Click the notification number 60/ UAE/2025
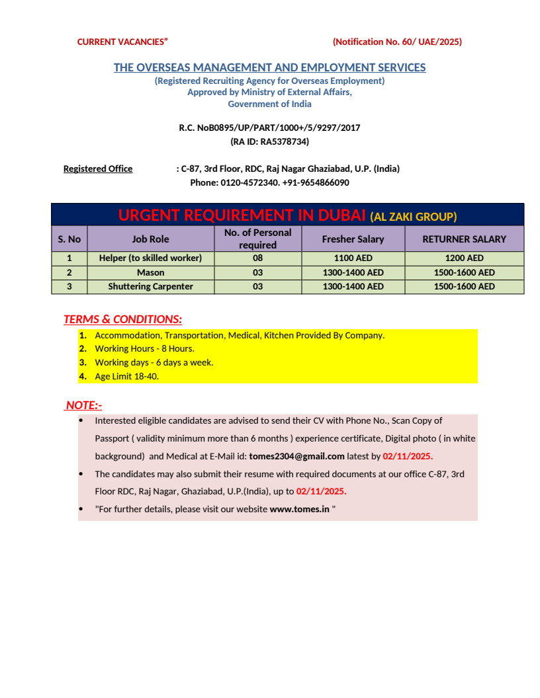click(x=397, y=42)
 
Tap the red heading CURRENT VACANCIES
click(x=122, y=42)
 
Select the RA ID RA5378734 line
click(x=269, y=141)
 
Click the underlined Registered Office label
click(x=98, y=169)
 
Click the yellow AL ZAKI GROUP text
click(x=413, y=216)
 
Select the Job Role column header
click(x=150, y=239)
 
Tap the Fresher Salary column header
click(x=353, y=239)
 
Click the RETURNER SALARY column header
click(x=464, y=239)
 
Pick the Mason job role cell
click(x=150, y=272)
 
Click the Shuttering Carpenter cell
click(x=150, y=286)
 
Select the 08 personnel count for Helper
click(x=257, y=258)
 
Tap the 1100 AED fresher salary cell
click(x=353, y=258)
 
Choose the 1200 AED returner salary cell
click(x=464, y=258)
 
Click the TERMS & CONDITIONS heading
click(x=122, y=319)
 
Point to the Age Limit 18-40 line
click(x=126, y=376)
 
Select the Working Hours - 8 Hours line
click(x=144, y=348)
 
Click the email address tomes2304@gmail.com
click(x=296, y=456)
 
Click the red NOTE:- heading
click(x=83, y=405)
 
